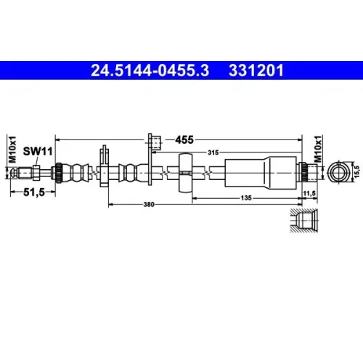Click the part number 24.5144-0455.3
[150, 70]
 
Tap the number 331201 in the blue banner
[256, 70]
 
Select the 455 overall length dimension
[184, 139]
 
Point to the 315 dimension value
[213, 152]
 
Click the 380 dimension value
[149, 205]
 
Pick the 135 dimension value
[246, 198]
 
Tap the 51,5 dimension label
[34, 192]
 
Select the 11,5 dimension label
[309, 193]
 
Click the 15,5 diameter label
[357, 171]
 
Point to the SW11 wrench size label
[38, 152]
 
